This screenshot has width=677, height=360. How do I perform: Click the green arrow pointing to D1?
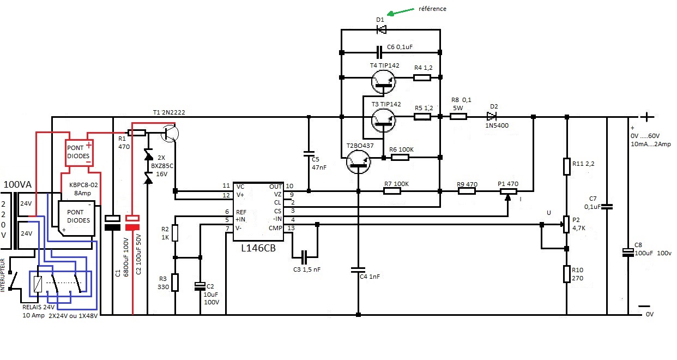401,12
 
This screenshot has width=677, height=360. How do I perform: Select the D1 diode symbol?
382,29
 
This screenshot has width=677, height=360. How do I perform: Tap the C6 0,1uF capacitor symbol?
379,52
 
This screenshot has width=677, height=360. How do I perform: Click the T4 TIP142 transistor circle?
383,82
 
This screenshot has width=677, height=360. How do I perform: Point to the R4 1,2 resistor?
422,78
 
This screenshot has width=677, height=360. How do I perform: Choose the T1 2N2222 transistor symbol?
170,134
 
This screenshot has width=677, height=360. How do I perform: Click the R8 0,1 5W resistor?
458,117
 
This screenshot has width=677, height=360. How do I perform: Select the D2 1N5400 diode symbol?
492,116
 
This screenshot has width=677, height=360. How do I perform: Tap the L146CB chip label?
258,248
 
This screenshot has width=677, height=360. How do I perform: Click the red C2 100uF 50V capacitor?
132,223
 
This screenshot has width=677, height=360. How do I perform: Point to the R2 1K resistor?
175,233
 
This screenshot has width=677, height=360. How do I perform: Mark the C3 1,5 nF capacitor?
304,257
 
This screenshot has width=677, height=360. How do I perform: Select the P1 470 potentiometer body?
509,191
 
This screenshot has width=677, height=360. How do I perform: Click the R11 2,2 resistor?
567,166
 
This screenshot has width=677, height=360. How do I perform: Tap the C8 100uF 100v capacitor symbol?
628,253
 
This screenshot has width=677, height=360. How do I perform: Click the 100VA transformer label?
17,184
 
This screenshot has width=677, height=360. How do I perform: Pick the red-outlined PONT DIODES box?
79,153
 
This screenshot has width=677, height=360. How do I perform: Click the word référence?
432,9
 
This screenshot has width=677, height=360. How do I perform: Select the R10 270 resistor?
567,274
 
